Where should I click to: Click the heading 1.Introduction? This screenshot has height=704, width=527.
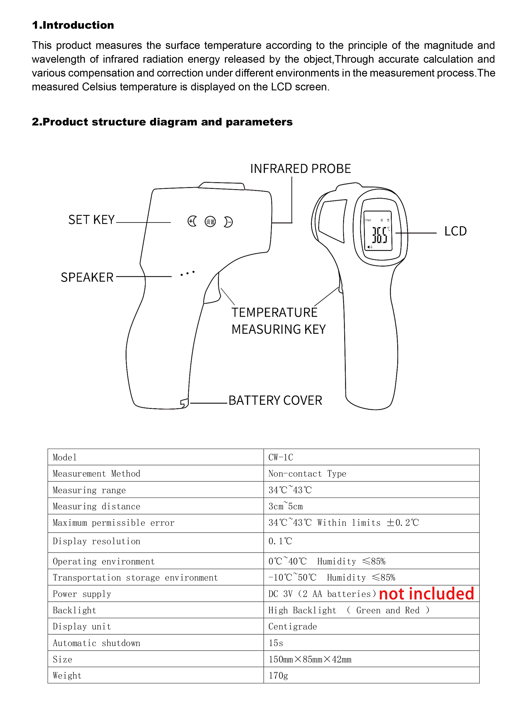[73, 25]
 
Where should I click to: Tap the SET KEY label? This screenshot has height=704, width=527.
[91, 220]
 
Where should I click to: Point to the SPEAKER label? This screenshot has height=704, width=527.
[87, 277]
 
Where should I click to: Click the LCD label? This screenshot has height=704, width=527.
[455, 231]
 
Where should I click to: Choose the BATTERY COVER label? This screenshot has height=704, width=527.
[275, 400]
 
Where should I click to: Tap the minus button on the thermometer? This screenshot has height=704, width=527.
[228, 222]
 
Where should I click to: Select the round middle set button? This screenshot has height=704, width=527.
[210, 221]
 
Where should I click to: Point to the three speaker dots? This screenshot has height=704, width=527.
[187, 273]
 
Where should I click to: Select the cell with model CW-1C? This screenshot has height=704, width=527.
[281, 457]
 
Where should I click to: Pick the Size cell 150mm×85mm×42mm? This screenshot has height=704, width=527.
[310, 659]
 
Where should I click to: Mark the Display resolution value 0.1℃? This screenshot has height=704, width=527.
[280, 541]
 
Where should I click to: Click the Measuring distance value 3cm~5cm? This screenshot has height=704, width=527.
[285, 506]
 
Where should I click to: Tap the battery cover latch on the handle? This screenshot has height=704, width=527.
[184, 403]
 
